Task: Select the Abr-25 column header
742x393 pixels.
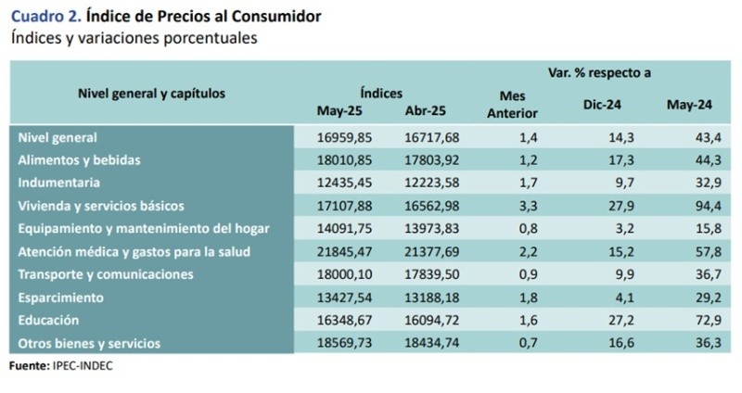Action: point(426,111)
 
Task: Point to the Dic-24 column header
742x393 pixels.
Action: point(602,105)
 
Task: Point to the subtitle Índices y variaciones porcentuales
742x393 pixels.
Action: point(134,38)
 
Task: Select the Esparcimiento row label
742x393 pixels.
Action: point(62,298)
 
